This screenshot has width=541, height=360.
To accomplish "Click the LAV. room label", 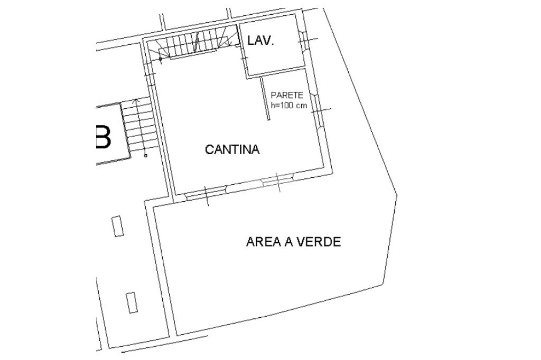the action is pyautogui.click(x=260, y=42).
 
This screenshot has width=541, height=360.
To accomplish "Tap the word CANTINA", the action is pyautogui.click(x=232, y=149).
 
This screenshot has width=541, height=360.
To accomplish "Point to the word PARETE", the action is pyautogui.click(x=287, y=96).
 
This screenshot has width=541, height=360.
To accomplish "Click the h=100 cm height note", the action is pyautogui.click(x=288, y=105).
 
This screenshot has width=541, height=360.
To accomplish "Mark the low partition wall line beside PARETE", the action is pyautogui.click(x=266, y=98).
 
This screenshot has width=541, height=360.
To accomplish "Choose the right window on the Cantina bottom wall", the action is pyautogui.click(x=277, y=181).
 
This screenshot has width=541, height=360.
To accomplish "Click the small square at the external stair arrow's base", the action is pyautogui.click(x=145, y=155).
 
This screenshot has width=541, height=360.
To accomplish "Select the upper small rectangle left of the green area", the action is pyautogui.click(x=118, y=226).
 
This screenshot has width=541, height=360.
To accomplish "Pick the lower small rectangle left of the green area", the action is pyautogui.click(x=131, y=302).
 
